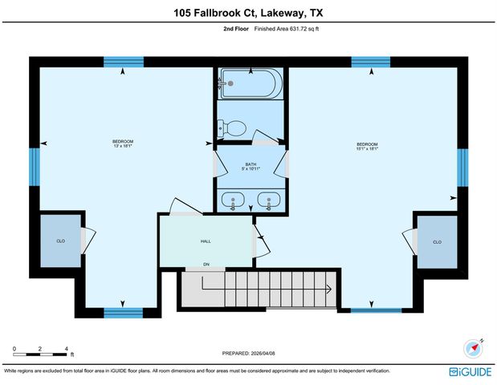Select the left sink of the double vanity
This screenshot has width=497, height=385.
[x=234, y=201]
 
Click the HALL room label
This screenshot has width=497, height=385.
[x=205, y=240]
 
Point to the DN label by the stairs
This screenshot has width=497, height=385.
[x=206, y=265]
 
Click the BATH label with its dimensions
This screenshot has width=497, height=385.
[x=251, y=167]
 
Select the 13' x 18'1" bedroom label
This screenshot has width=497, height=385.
[x=122, y=144]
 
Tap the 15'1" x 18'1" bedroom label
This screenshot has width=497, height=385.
[x=367, y=146]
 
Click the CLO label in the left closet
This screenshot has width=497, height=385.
[x=60, y=241]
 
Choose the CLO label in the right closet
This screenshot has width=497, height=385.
[x=437, y=241]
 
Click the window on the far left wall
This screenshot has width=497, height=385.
[x=35, y=165]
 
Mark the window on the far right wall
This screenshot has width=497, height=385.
[x=462, y=166]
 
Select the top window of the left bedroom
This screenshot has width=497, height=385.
[x=123, y=62]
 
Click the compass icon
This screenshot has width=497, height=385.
[x=472, y=349]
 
